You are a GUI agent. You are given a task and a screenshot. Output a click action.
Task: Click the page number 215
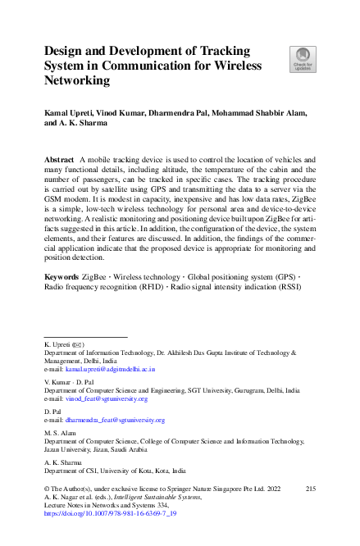pos(310,489)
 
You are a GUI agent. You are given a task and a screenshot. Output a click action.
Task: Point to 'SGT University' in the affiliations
pos(203,391)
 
